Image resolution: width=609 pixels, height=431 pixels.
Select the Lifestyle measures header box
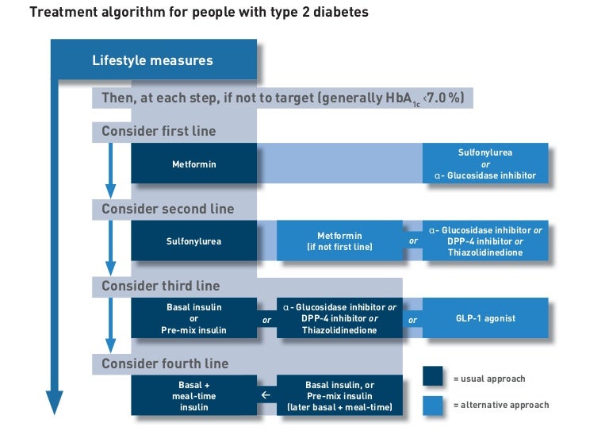click(153, 60)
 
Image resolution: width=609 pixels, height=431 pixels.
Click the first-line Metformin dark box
click(194, 164)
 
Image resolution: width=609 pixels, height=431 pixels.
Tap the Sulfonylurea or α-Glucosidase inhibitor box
click(485, 164)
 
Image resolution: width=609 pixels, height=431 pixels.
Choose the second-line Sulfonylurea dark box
click(194, 241)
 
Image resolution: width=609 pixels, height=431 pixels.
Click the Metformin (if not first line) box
click(339, 241)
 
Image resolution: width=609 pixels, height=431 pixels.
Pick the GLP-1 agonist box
click(485, 318)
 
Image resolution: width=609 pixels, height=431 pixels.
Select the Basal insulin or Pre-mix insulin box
click(194, 318)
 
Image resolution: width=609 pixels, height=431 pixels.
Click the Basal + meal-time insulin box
click(194, 395)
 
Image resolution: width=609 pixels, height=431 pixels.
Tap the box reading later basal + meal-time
click(339, 395)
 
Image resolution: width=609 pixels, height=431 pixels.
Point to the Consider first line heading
click(159, 131)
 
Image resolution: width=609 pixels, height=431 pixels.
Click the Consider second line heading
click(168, 209)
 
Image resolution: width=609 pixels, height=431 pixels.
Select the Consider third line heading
click(161, 286)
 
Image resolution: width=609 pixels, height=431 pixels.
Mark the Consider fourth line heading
click(165, 364)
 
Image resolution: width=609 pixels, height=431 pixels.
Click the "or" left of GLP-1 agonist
click(412, 319)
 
